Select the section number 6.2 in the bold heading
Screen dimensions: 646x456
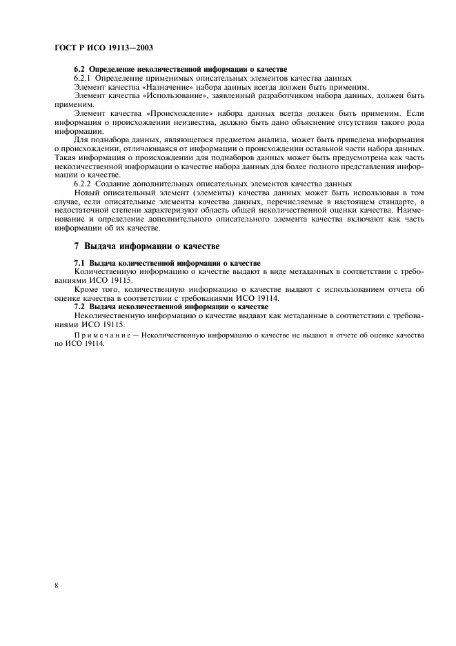click(x=79, y=70)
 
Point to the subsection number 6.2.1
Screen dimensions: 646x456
click(x=83, y=78)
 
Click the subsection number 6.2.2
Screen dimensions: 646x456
click(x=83, y=184)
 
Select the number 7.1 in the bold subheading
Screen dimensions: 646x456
click(x=79, y=264)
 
